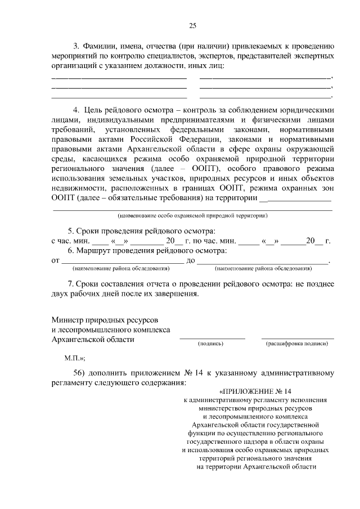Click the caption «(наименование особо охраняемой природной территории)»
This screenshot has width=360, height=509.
(x=192, y=215)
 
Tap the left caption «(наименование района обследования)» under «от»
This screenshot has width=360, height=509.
(x=121, y=268)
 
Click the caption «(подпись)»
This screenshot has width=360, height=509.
(x=211, y=343)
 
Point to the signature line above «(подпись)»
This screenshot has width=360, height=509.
(x=212, y=338)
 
